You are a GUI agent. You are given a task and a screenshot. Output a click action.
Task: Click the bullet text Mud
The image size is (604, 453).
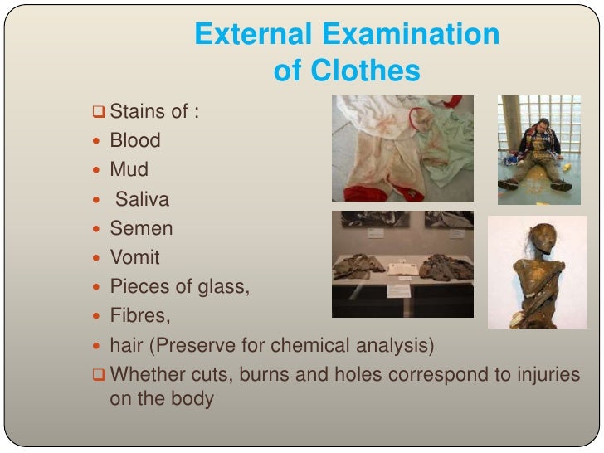pyautogui.click(x=129, y=170)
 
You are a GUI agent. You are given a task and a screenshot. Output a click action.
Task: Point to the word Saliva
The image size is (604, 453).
pyautogui.click(x=142, y=199)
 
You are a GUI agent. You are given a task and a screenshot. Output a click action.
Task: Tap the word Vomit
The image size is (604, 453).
pyautogui.click(x=135, y=257)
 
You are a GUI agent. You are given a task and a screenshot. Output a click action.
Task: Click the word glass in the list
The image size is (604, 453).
pyautogui.click(x=222, y=287)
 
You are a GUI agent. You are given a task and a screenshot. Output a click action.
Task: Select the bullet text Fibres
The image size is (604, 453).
pyautogui.click(x=136, y=316)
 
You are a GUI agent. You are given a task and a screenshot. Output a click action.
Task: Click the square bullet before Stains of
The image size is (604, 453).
pyautogui.click(x=99, y=111)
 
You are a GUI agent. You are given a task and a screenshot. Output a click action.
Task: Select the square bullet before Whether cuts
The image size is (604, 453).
pyautogui.click(x=99, y=375)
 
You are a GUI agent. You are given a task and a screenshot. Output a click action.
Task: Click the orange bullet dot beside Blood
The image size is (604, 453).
pyautogui.click(x=99, y=141)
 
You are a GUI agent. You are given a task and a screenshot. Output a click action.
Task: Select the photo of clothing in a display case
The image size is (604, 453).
pyautogui.click(x=402, y=263)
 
